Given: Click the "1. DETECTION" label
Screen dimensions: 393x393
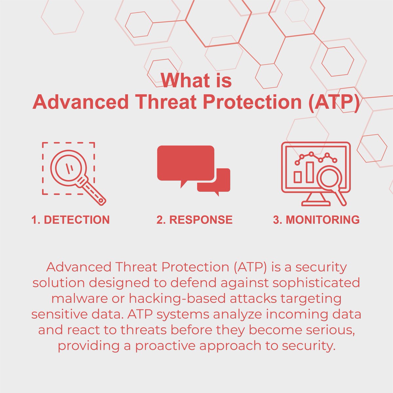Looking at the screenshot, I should (70, 220).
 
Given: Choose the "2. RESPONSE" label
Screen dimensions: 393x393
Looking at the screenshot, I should (195, 220).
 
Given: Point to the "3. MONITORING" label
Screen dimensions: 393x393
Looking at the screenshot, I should (316, 220).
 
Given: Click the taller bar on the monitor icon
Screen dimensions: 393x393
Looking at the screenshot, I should (309, 172).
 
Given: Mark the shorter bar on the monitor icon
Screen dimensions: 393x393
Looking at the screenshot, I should (297, 177).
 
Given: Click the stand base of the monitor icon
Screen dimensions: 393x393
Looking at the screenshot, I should (316, 203).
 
